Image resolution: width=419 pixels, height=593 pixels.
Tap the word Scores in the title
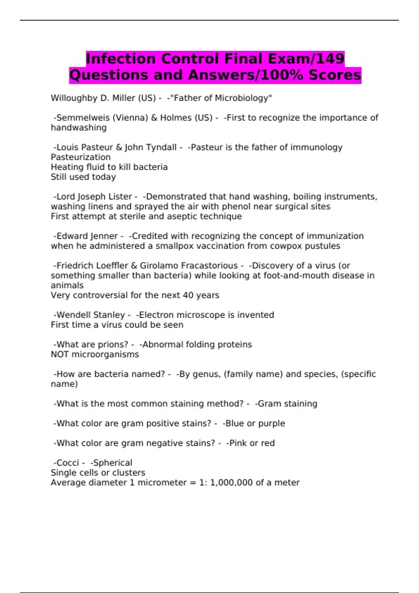(335, 75)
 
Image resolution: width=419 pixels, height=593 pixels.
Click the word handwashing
(79, 128)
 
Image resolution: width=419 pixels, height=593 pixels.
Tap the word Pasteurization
(81, 157)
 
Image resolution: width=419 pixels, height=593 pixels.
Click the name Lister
(120, 197)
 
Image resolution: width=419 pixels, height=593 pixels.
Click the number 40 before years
(189, 295)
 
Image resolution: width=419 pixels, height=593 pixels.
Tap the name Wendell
(72, 315)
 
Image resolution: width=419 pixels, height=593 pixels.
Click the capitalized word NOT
(60, 354)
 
